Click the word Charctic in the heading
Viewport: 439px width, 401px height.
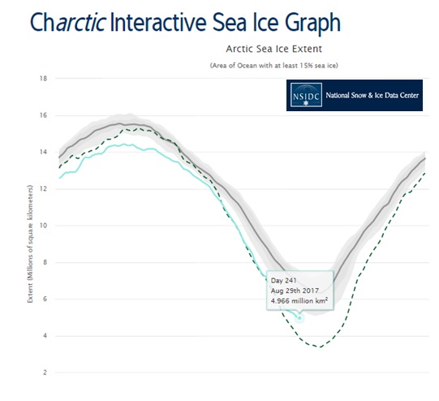tap(67, 22)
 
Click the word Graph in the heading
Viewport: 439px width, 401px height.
tap(313, 24)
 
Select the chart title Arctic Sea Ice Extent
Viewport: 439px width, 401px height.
tap(274, 49)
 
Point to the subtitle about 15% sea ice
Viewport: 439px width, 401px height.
tap(274, 66)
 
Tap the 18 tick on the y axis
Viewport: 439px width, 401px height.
tap(43, 79)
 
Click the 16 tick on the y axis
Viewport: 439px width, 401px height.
tap(43, 115)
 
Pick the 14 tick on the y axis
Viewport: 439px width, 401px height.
tap(43, 152)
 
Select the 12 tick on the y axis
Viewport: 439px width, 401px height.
tap(43, 189)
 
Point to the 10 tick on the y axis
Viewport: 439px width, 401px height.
tap(43, 226)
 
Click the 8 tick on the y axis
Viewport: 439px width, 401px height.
tap(45, 262)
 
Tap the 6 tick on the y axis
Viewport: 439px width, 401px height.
tap(45, 299)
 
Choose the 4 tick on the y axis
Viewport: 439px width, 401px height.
tap(45, 336)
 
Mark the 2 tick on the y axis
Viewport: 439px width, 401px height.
tap(45, 373)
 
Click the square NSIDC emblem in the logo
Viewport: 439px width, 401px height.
tap(306, 95)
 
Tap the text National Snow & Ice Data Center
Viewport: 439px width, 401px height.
tap(372, 96)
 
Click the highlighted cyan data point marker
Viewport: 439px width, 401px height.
tap(299, 318)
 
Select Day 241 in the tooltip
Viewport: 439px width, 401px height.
tap(284, 281)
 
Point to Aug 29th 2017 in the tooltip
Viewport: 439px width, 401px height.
tap(295, 291)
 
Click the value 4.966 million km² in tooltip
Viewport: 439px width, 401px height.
tap(299, 301)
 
